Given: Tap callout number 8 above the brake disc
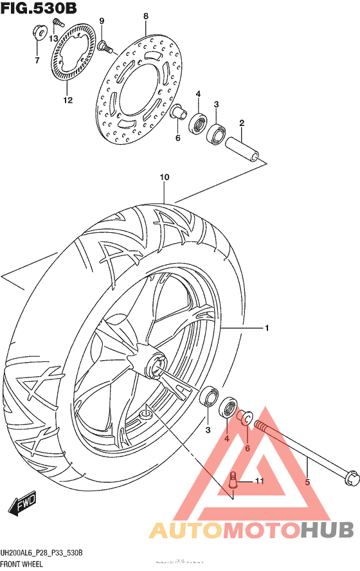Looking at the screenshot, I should click(x=146, y=16).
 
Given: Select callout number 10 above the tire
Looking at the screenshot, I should click(x=164, y=177).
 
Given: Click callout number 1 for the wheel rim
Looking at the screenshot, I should click(x=266, y=329).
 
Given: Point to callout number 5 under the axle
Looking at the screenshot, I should click(x=307, y=482).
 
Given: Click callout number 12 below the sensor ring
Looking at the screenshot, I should click(x=67, y=100).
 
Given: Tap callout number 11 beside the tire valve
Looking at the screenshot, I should click(x=259, y=480).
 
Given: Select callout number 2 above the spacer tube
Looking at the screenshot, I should click(x=242, y=123).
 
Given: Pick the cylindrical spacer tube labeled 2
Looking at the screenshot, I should click(x=244, y=146).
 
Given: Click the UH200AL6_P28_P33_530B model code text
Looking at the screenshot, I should click(x=43, y=554).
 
